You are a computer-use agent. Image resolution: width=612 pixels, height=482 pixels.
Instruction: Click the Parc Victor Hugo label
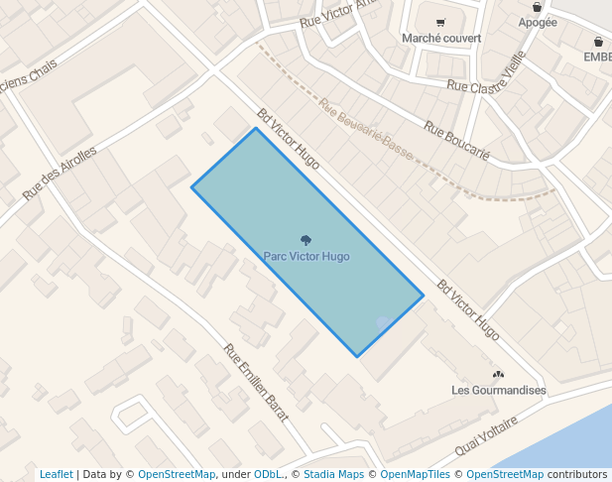[x=306, y=257]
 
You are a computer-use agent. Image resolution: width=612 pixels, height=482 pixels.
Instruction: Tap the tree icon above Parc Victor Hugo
[x=306, y=239]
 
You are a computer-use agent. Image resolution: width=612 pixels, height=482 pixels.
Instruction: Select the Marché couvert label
[x=441, y=39]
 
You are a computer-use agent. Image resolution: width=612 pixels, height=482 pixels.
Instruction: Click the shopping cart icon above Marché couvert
[x=440, y=23]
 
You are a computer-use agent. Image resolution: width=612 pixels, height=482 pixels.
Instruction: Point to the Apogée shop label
[x=538, y=23]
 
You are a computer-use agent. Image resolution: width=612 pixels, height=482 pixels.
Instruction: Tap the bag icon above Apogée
[x=538, y=7]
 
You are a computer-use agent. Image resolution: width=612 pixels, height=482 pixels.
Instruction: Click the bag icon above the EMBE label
[x=598, y=42]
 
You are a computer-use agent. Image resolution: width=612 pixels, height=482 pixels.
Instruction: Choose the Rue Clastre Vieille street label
[x=485, y=86]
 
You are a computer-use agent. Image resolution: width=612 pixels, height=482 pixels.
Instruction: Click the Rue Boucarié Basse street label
[x=366, y=125]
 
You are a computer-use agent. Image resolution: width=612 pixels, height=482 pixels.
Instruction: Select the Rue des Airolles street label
[x=61, y=174]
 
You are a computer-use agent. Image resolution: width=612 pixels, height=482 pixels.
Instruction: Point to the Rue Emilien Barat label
[x=256, y=383]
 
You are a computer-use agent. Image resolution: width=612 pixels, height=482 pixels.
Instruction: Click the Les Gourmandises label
[x=499, y=391]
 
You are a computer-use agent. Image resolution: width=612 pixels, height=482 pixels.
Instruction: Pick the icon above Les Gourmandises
[x=499, y=375]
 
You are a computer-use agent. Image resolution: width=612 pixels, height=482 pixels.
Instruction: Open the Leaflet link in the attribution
[x=57, y=475]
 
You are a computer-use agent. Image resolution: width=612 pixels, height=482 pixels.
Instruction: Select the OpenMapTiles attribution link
[x=415, y=475]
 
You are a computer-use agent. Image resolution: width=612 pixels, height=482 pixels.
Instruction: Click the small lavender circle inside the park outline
[x=383, y=324]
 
